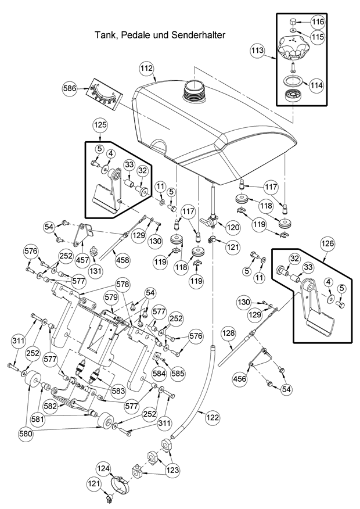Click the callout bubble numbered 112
(147, 69)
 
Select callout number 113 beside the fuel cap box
(258, 51)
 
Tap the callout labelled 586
(70, 88)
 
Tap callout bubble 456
(239, 378)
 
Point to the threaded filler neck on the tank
(193, 91)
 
